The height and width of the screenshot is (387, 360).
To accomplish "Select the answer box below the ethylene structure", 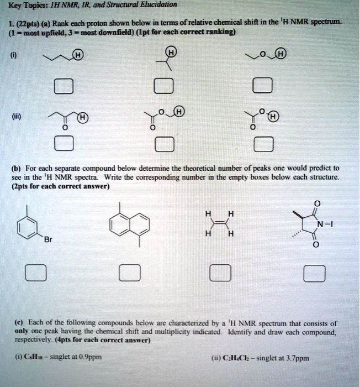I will point(220,273).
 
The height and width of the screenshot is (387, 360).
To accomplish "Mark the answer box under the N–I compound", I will point(314,273).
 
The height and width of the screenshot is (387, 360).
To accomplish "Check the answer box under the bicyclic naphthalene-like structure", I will point(130,273).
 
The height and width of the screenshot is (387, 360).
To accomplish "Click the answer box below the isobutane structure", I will point(164,86).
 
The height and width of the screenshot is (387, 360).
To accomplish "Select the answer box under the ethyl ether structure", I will point(262,86).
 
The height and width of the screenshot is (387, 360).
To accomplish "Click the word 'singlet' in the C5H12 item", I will point(58,357).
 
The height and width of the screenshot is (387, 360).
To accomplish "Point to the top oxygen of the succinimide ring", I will point(316,203).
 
